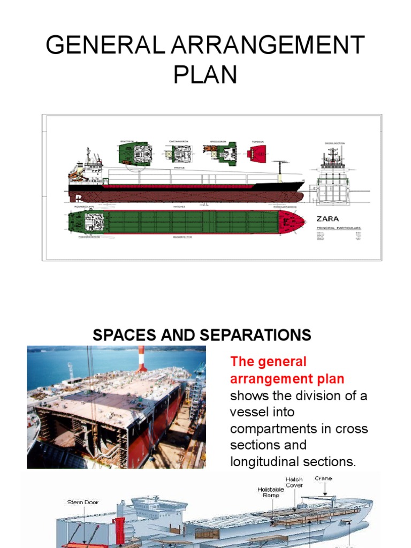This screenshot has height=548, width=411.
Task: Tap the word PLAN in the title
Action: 205,74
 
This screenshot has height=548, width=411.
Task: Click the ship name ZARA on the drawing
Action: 327,219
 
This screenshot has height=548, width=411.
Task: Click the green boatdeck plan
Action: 135,154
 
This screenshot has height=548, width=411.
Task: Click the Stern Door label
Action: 82,503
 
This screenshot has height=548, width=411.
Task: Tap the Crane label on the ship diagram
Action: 323,478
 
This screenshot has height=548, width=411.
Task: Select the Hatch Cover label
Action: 294,482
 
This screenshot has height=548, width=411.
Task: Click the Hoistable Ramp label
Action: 270,492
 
